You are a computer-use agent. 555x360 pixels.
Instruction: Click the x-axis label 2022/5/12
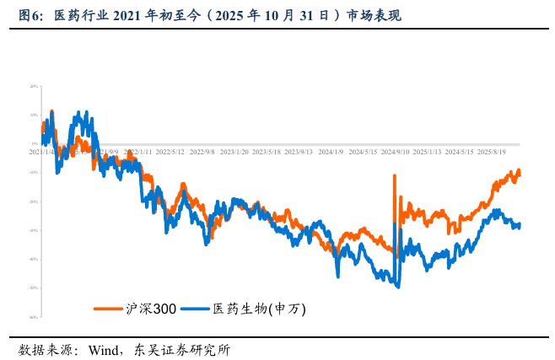(170, 153)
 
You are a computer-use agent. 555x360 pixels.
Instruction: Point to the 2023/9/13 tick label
(299, 153)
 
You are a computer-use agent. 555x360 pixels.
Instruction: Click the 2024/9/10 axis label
(395, 153)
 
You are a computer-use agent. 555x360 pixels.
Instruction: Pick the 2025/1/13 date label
(427, 153)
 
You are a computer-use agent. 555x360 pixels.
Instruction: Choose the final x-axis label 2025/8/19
(492, 153)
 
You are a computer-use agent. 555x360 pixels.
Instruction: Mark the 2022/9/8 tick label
(202, 153)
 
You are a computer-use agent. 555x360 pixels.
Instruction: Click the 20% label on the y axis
(34, 86)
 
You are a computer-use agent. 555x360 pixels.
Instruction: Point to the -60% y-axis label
(34, 317)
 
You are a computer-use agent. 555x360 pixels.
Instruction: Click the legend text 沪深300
(150, 309)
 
